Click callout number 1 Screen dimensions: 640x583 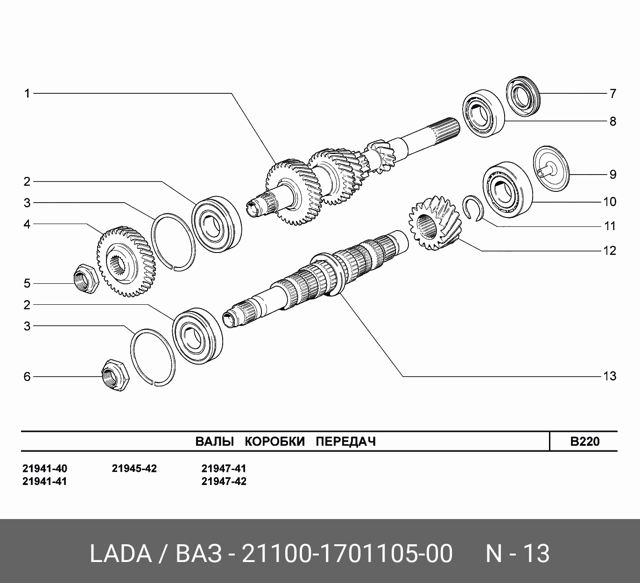(27, 94)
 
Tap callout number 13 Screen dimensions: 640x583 (610, 376)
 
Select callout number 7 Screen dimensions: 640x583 (612, 94)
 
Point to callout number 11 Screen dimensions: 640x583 (610, 226)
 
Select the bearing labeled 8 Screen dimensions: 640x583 (484, 113)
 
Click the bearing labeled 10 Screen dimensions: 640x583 (508, 190)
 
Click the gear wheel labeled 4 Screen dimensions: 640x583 (127, 262)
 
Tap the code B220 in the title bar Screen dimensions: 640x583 (585, 442)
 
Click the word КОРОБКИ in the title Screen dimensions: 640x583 (274, 442)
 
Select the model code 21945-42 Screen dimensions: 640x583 (134, 469)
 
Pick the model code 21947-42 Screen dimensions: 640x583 (224, 481)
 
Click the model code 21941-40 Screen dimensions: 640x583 (45, 469)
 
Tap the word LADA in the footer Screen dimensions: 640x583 (121, 554)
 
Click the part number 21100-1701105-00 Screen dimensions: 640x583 (347, 554)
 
